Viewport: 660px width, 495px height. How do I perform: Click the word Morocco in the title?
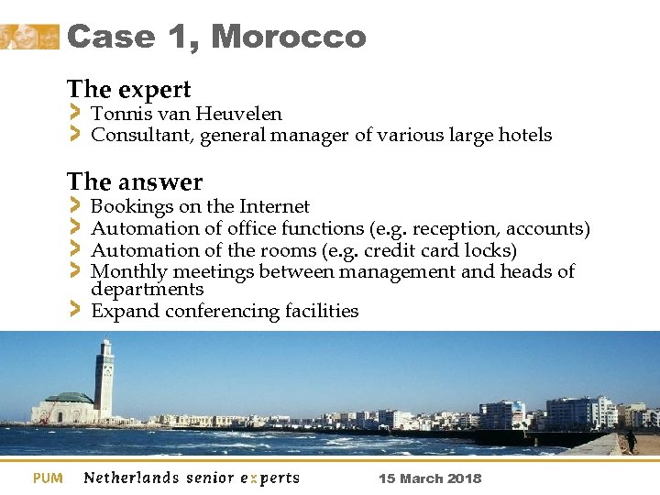click(288, 38)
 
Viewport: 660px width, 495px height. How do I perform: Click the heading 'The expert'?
click(128, 90)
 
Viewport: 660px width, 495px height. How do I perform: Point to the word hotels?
click(525, 136)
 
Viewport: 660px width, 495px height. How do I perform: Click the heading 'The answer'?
click(135, 182)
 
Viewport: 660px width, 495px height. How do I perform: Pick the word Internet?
click(274, 207)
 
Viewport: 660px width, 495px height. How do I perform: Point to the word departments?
click(147, 290)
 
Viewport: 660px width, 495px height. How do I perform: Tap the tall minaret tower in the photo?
click(104, 378)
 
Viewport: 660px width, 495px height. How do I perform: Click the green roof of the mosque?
click(70, 398)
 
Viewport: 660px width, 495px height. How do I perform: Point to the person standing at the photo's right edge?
click(632, 440)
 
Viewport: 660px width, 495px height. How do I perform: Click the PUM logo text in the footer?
click(48, 478)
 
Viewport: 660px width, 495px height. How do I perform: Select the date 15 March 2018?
click(430, 478)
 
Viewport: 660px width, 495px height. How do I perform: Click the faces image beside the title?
click(29, 37)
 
